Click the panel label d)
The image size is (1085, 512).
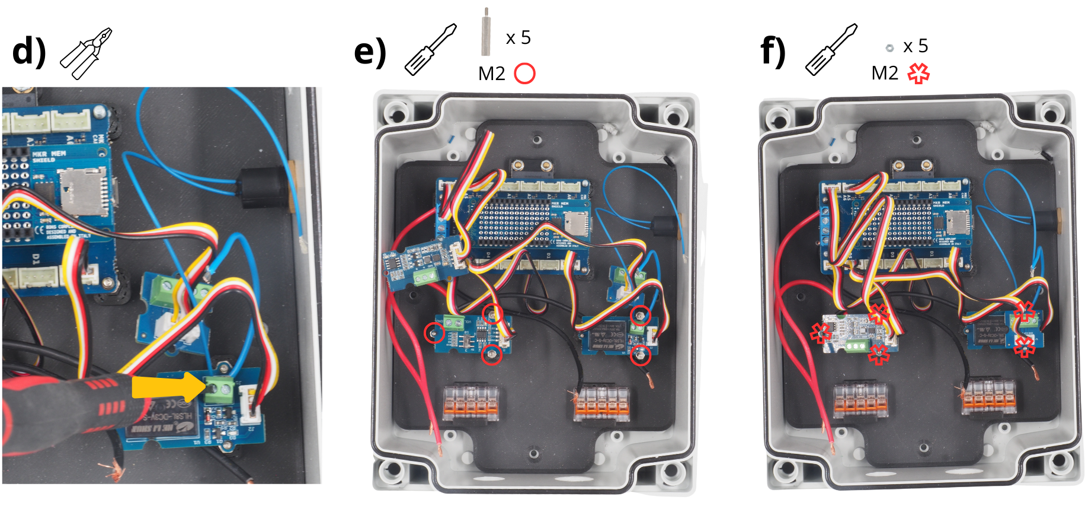[28, 52]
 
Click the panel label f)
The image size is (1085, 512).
[773, 52]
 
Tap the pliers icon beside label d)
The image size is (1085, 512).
[87, 53]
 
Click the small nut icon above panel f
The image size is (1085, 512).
[889, 47]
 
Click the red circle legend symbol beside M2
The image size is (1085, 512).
[524, 74]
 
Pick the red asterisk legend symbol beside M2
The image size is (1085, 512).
[918, 74]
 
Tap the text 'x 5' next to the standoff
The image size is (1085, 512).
[518, 38]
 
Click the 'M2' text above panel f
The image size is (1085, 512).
[885, 73]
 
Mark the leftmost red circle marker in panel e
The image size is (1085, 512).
[435, 333]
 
